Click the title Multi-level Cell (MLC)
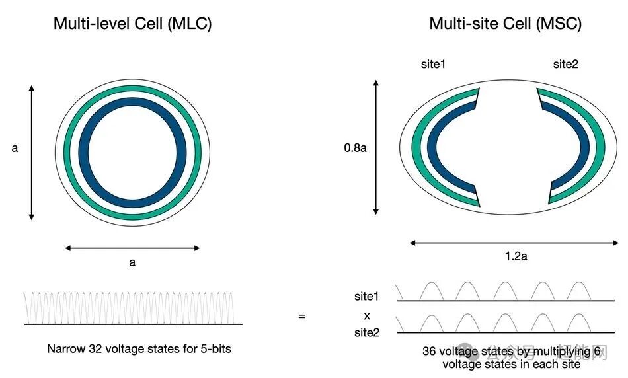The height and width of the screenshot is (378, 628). point(132,24)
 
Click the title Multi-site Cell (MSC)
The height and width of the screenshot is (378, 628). point(505,24)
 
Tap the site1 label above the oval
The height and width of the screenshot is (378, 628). point(434,65)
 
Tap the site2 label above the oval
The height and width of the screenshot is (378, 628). point(566,65)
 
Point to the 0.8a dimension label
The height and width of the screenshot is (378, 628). point(355,148)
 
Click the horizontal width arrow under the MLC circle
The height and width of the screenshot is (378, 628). point(132,248)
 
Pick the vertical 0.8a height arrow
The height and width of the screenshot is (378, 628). point(376,147)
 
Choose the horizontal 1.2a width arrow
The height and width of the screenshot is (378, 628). point(515,243)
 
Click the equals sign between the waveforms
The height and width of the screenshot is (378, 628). point(301,317)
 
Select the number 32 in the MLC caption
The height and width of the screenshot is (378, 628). point(96,348)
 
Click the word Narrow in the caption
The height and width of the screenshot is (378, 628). point(65,348)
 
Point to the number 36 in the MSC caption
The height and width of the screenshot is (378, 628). point(430,352)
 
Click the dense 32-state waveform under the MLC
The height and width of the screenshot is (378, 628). point(132,307)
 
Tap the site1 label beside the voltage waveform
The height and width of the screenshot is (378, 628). point(367,297)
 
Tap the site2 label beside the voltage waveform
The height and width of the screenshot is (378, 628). point(367,332)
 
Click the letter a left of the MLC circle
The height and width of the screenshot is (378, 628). point(15,148)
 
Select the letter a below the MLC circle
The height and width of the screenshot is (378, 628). point(132,262)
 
